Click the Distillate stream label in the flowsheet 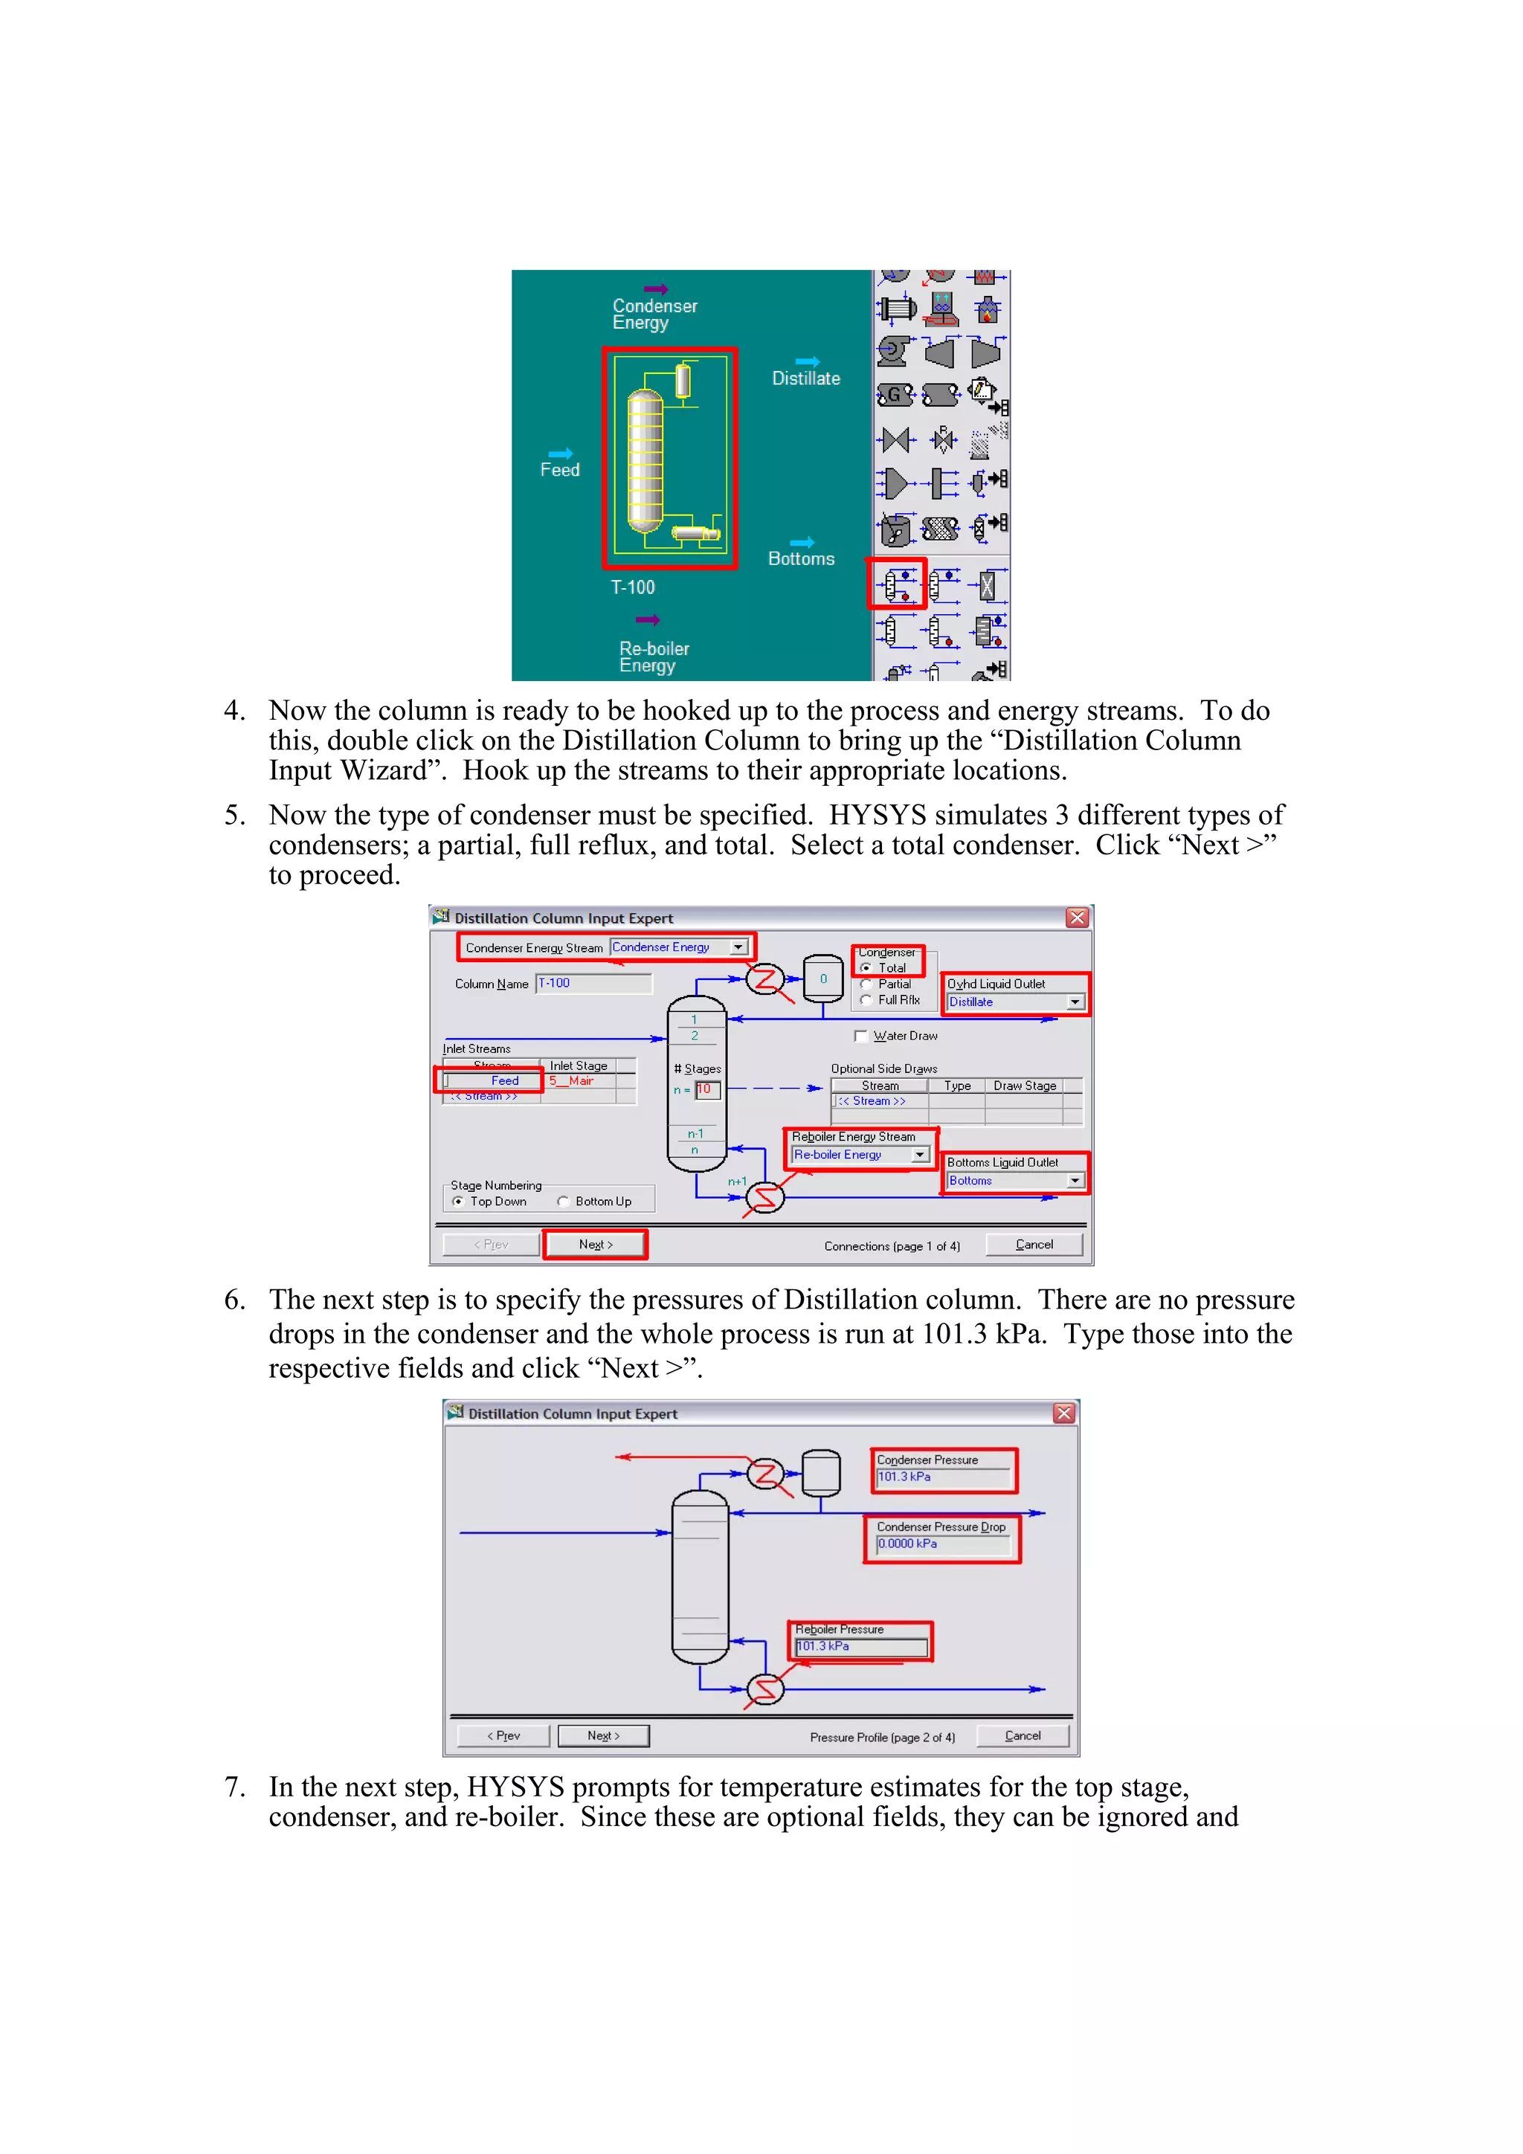(805, 378)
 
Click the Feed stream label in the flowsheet (559, 470)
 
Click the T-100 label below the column (632, 587)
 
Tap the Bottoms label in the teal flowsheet (800, 559)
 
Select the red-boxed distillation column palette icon (897, 584)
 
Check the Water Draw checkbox (860, 1036)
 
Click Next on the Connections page (595, 1244)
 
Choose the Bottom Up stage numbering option (563, 1201)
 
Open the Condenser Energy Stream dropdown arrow (738, 947)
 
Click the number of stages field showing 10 (706, 1089)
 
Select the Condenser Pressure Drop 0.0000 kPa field (942, 1544)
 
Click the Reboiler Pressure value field (860, 1646)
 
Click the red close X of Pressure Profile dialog (1063, 1413)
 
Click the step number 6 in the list (234, 1300)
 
